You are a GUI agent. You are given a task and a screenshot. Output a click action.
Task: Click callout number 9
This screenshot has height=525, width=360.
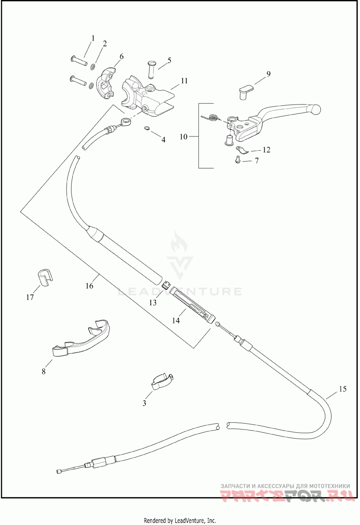[268, 74]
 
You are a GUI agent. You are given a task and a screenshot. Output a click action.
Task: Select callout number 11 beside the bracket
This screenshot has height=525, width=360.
[184, 81]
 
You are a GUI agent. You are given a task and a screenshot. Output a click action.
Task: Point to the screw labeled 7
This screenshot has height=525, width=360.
[238, 160]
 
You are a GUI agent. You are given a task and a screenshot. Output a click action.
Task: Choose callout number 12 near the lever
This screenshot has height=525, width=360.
[266, 149]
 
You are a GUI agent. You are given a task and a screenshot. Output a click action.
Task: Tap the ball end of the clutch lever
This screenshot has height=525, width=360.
[315, 109]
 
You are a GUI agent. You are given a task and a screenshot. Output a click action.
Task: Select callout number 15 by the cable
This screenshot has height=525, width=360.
[342, 389]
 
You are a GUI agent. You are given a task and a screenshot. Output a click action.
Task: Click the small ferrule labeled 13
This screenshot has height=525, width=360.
[166, 285]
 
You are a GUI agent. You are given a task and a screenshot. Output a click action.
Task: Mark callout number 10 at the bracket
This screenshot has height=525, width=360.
[184, 136]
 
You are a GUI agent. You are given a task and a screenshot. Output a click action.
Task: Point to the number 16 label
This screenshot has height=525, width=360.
[90, 285]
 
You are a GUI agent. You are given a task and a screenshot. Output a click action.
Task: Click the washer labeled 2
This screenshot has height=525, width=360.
[93, 65]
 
